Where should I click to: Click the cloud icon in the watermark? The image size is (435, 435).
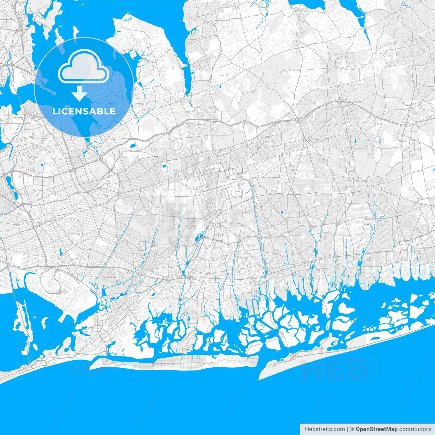tap(84, 67)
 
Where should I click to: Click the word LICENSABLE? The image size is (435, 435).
tap(84, 111)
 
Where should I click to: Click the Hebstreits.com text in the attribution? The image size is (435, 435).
tap(325, 429)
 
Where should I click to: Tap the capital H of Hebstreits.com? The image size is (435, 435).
tap(307, 429)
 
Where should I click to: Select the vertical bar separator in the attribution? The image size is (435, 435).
tap(347, 429)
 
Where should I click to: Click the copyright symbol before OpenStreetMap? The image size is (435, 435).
tap(352, 429)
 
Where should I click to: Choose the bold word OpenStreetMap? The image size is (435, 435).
tap(376, 429)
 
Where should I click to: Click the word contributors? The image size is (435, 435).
tap(415, 429)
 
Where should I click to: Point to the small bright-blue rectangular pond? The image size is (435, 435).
tap(164, 166)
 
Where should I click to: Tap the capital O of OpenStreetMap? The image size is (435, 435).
tap(358, 429)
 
